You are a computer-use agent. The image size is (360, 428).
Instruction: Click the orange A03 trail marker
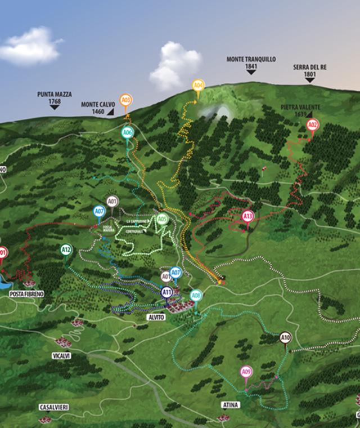click(126, 100)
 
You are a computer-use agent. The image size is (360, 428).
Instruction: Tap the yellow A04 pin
click(198, 86)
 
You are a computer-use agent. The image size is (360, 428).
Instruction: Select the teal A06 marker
click(128, 133)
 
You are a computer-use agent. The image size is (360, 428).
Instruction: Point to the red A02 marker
click(313, 124)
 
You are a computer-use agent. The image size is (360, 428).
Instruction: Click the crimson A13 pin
click(247, 216)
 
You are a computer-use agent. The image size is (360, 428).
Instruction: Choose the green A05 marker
click(162, 219)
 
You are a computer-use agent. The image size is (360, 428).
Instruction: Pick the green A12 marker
click(66, 249)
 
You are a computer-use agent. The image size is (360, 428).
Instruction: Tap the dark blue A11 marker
click(166, 292)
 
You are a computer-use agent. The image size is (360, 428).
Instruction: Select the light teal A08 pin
click(195, 295)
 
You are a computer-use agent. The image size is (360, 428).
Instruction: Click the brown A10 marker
click(285, 337)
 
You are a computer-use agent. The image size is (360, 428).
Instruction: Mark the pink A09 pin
click(246, 371)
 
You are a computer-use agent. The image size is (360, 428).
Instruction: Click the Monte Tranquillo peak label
click(250, 63)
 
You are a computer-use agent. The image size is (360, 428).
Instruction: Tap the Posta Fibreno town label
click(26, 294)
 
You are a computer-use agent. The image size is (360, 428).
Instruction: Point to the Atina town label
click(231, 404)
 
